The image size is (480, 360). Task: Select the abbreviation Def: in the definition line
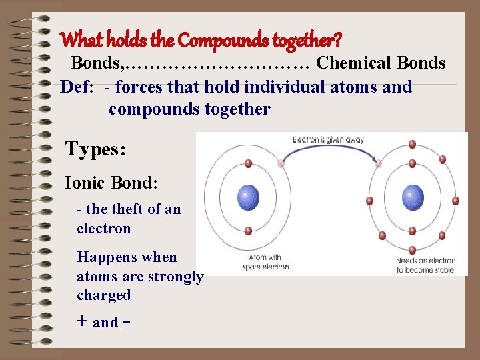(x=77, y=87)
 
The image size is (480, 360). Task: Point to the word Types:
(x=95, y=149)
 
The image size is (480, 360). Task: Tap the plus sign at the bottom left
(x=82, y=321)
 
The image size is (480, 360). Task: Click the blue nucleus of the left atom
(x=248, y=197)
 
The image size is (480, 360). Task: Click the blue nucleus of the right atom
(x=413, y=197)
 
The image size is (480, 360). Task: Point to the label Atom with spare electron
(x=264, y=262)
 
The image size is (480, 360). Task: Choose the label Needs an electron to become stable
(x=425, y=265)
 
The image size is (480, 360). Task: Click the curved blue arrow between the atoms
(x=330, y=151)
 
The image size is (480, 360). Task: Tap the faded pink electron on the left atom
(x=281, y=163)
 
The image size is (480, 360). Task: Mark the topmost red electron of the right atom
(x=412, y=144)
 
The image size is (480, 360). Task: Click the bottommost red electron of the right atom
(x=412, y=251)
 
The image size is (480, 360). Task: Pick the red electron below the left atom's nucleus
(x=248, y=231)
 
